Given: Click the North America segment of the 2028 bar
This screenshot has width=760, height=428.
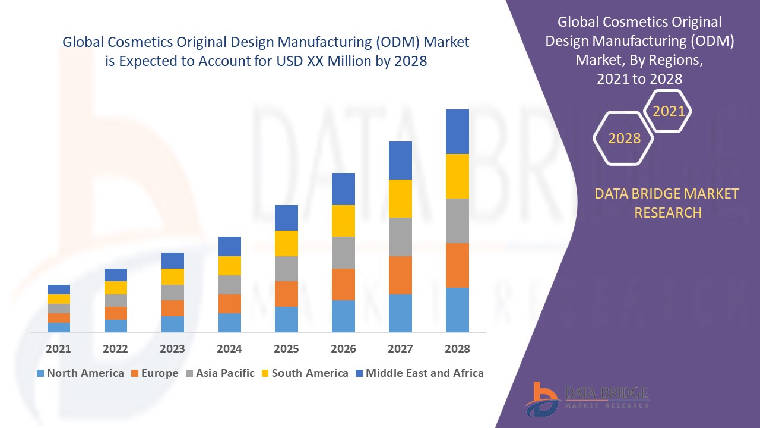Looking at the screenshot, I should pos(457,310).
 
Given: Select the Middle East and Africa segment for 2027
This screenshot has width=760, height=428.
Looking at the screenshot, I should pos(400,160).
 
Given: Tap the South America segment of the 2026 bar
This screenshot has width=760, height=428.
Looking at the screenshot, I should pos(343,221).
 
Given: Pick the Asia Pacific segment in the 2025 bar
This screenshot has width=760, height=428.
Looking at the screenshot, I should pos(286,269).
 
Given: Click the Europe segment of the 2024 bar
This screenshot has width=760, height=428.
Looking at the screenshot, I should pos(230,303).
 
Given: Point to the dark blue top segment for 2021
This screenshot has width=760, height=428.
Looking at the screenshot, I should pos(59,289).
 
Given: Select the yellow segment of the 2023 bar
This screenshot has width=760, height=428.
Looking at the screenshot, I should pos(173,276).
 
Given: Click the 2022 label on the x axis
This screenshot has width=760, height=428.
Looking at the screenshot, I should pos(115,349).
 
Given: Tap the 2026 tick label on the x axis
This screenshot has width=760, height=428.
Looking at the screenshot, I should pos(343,349).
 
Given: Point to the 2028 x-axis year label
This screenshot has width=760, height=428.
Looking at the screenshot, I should pos(457,349).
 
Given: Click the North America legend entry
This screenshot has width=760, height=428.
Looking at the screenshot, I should pos(80,373).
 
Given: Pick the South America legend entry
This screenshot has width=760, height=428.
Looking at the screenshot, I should pos(304,373).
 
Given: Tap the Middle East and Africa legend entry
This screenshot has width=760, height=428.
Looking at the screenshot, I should pos(419,373).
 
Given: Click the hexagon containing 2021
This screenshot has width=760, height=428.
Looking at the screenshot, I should pos(669,111).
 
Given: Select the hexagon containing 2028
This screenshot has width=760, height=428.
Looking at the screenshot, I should pos(624,139).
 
